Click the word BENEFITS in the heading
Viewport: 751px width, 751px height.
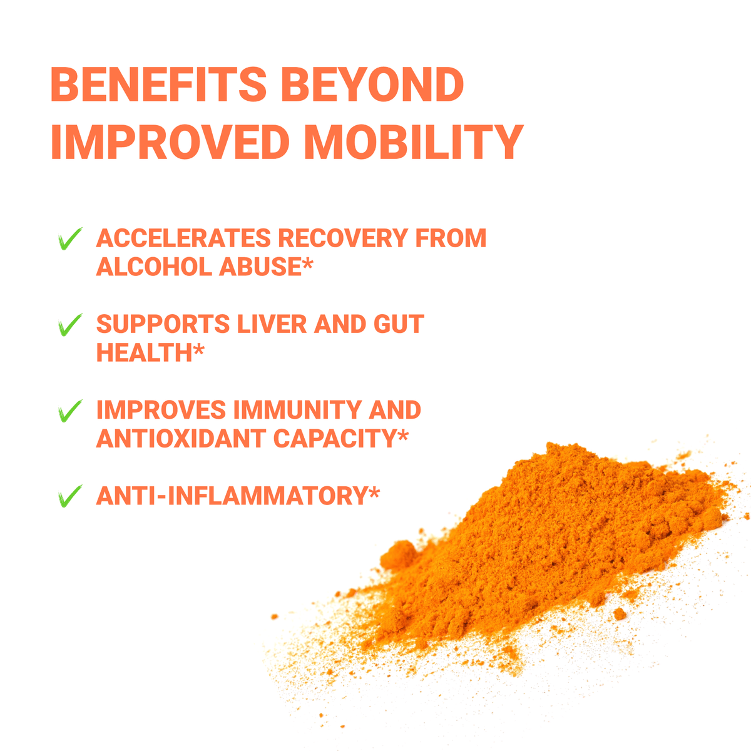point(158,84)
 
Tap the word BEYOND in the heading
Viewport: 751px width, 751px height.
point(372,84)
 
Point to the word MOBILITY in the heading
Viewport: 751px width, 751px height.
point(414,142)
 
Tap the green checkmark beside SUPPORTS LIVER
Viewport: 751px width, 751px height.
point(69,324)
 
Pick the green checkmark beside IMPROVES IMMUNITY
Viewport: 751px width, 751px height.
point(69,411)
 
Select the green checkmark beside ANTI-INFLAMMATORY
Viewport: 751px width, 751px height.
point(69,496)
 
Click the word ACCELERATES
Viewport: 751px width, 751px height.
point(183,238)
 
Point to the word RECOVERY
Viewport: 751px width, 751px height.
point(343,238)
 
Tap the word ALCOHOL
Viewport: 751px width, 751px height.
point(154,267)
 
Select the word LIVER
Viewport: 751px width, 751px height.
point(272,324)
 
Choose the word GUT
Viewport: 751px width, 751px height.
point(399,324)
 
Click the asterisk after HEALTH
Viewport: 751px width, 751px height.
point(199,349)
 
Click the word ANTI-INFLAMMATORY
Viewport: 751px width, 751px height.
point(232,496)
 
